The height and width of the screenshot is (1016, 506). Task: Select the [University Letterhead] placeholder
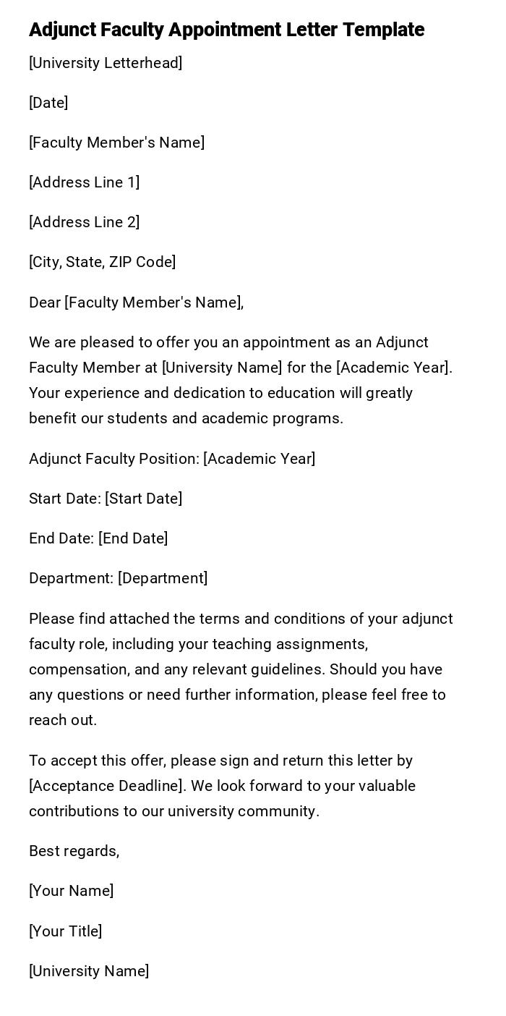[x=106, y=63]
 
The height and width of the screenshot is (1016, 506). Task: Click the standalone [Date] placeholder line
[x=48, y=103]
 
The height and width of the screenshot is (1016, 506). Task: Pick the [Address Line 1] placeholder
[x=84, y=182]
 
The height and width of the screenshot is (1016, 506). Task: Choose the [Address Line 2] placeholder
[x=84, y=222]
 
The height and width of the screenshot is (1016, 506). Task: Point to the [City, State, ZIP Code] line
[x=102, y=262]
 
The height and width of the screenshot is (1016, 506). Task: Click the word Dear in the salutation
[x=45, y=302]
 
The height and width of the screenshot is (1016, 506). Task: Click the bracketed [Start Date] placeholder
[x=143, y=499]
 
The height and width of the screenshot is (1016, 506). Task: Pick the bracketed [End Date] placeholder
[x=133, y=538]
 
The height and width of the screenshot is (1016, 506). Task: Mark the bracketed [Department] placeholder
[x=163, y=578]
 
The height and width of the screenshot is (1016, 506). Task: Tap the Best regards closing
[x=74, y=851]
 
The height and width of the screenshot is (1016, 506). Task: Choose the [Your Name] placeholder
[x=71, y=891]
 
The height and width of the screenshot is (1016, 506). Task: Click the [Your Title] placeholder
[x=65, y=931]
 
